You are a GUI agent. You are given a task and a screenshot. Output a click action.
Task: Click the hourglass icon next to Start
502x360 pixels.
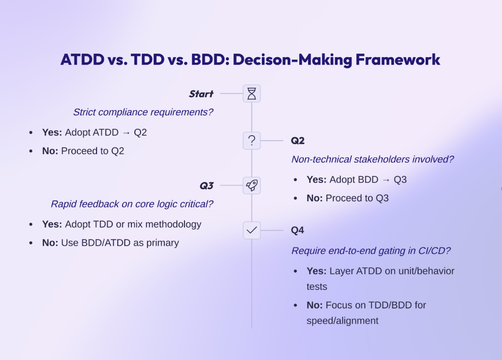pyautogui.click(x=252, y=94)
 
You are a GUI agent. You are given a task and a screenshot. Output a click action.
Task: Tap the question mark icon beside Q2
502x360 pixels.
pyautogui.click(x=252, y=141)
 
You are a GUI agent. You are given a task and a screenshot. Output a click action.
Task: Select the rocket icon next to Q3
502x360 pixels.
pyautogui.click(x=252, y=186)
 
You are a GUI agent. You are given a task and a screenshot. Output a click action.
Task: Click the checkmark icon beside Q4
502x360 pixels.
pyautogui.click(x=252, y=230)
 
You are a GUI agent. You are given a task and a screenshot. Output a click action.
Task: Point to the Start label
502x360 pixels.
pyautogui.click(x=201, y=94)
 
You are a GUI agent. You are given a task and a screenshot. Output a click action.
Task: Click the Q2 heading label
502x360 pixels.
pyautogui.click(x=298, y=141)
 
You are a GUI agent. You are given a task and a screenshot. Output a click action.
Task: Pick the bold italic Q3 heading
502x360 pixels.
pyautogui.click(x=206, y=186)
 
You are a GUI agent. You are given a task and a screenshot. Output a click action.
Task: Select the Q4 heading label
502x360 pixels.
pyautogui.click(x=297, y=230)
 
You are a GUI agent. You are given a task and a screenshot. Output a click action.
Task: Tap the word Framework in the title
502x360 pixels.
pyautogui.click(x=398, y=60)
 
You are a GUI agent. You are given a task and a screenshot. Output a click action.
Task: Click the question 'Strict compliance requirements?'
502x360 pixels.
pyautogui.click(x=143, y=112)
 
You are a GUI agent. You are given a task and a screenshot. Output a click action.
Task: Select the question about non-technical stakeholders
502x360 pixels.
pyautogui.click(x=373, y=159)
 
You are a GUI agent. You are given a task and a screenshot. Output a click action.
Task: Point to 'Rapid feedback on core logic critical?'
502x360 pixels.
pyautogui.click(x=132, y=204)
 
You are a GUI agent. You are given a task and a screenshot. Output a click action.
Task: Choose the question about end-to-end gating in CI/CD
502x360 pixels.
pyautogui.click(x=371, y=250)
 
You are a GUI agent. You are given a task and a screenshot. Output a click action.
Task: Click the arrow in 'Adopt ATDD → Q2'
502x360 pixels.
pyautogui.click(x=126, y=132)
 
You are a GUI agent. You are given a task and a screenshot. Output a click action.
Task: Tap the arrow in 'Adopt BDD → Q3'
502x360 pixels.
pyautogui.click(x=386, y=180)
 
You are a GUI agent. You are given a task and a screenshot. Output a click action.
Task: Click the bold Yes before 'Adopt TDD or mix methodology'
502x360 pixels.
pyautogui.click(x=52, y=224)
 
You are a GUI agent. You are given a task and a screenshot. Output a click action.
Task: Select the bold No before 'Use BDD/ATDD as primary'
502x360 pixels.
pyautogui.click(x=50, y=243)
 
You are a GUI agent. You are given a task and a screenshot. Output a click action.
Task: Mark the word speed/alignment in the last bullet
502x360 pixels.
pyautogui.click(x=342, y=321)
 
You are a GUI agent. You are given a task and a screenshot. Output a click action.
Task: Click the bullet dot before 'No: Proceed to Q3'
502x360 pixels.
pyautogui.click(x=296, y=198)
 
